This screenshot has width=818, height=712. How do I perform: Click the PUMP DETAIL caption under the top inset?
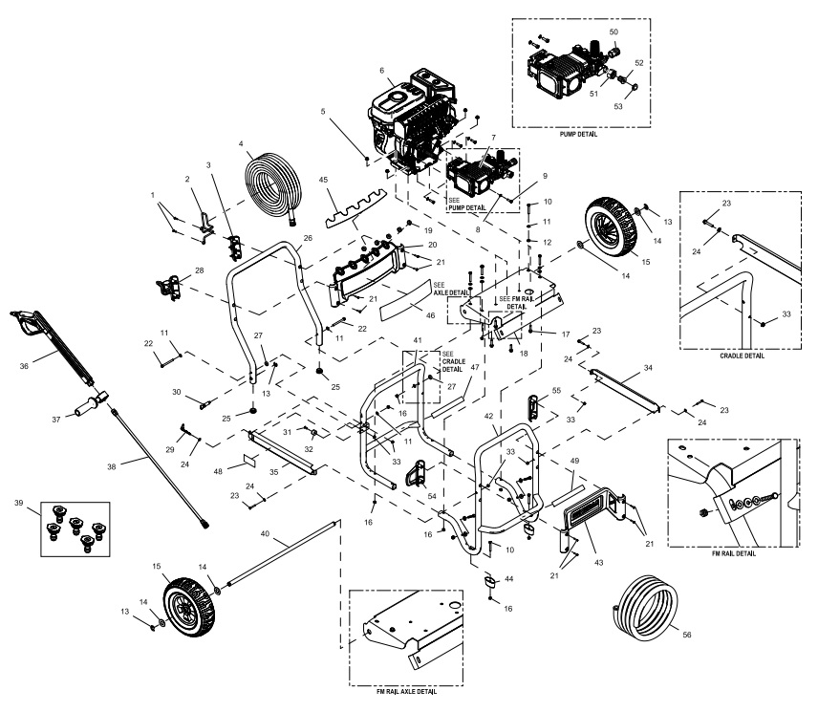click(578, 135)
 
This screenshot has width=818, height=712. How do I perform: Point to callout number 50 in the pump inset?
click(613, 32)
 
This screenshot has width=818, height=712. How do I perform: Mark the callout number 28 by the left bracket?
click(199, 272)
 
